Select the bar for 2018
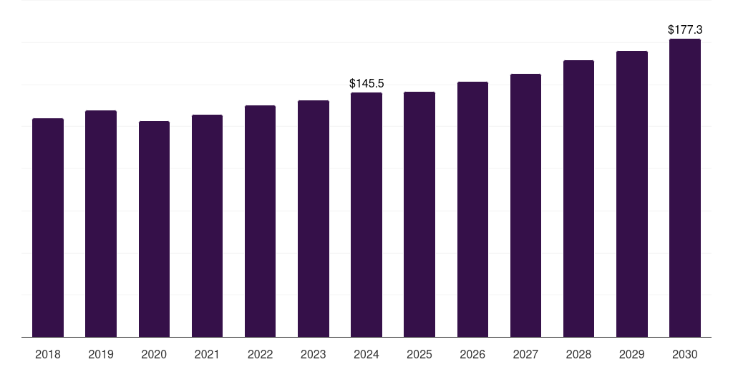point(48,227)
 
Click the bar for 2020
point(155,229)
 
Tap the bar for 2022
point(260,221)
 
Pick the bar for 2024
point(366,215)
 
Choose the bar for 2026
point(472,209)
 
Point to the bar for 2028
point(578,199)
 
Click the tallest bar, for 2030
point(685,188)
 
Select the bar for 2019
point(101,224)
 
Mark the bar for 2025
point(419,214)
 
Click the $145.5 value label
point(366,83)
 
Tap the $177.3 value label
point(685,30)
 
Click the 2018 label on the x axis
point(48,354)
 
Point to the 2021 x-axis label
point(207,354)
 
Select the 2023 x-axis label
point(314,354)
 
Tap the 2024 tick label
point(366,354)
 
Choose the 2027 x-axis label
point(525,354)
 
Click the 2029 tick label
point(631,354)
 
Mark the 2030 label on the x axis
point(685,354)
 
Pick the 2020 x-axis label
point(155,354)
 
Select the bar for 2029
point(632,194)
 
